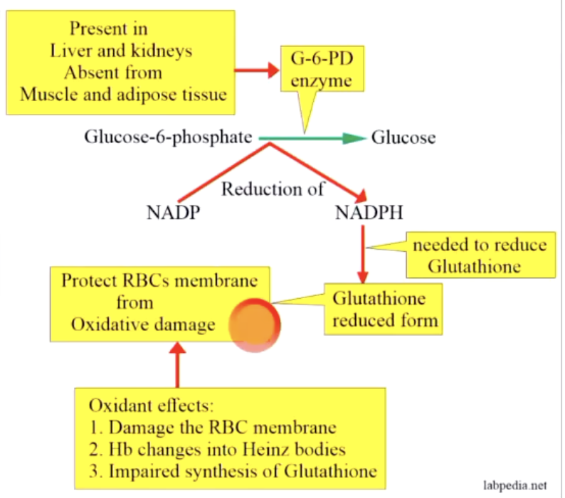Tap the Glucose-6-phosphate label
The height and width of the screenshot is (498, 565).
pyautogui.click(x=168, y=137)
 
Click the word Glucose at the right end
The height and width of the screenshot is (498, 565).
pyautogui.click(x=403, y=138)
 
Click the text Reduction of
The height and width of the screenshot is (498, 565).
pyautogui.click(x=273, y=189)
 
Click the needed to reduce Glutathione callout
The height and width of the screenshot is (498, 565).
pyautogui.click(x=479, y=256)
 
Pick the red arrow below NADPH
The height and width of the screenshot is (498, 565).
pyautogui.click(x=363, y=254)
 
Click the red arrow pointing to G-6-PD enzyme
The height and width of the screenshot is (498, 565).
pyautogui.click(x=257, y=70)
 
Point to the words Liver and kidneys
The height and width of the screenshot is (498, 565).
pyautogui.click(x=121, y=51)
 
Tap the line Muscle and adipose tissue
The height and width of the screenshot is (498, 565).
pyautogui.click(x=123, y=94)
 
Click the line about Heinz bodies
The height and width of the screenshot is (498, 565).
pyautogui.click(x=217, y=450)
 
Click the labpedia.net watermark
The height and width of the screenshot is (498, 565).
pyautogui.click(x=515, y=486)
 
